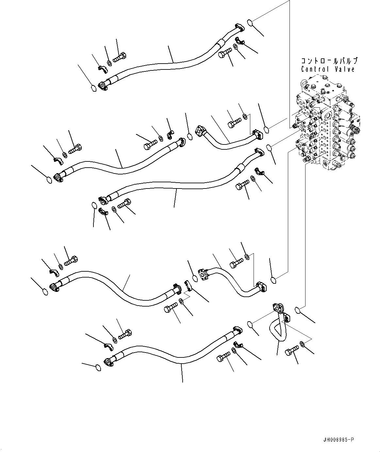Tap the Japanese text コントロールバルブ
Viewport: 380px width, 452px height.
(329, 61)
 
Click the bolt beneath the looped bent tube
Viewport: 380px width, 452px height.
(292, 351)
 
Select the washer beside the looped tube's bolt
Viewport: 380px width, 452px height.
(302, 343)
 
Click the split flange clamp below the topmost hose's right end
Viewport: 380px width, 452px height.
(240, 41)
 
